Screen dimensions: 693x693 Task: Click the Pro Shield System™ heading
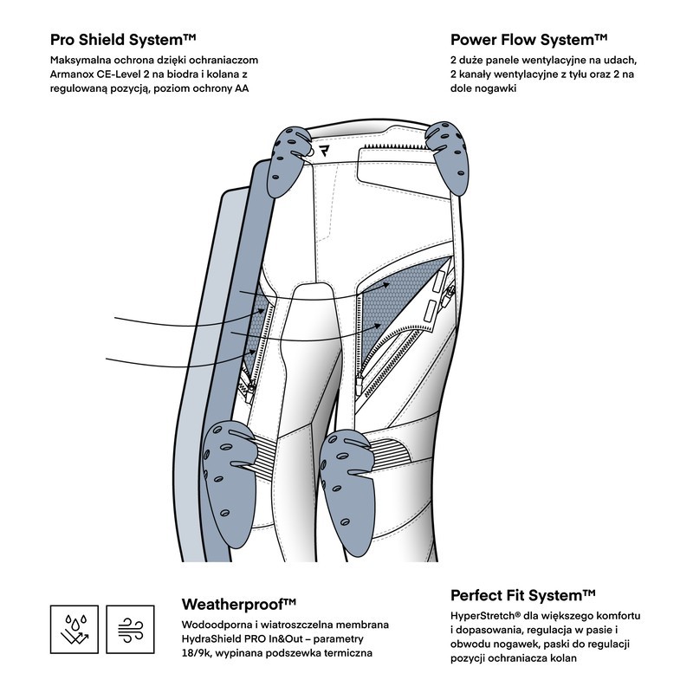point(124,40)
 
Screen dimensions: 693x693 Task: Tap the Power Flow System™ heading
point(528,40)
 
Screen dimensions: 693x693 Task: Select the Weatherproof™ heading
point(239,603)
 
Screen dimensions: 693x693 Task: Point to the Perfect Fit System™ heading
point(523,595)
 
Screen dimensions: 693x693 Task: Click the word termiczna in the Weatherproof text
point(346,652)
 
